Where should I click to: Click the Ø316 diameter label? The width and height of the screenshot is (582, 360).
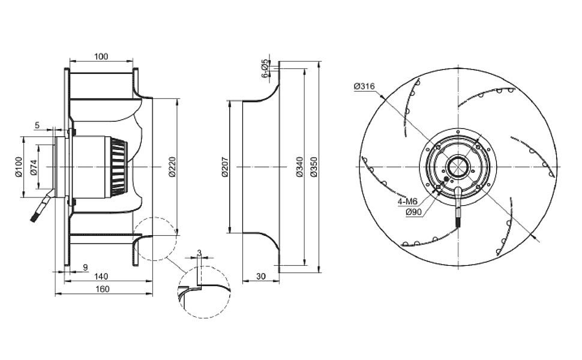(x=364, y=86)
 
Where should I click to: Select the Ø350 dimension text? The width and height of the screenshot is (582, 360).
(x=314, y=167)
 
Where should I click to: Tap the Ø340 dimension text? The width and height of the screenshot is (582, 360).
(x=300, y=167)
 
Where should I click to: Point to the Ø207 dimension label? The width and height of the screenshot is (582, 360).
(x=225, y=167)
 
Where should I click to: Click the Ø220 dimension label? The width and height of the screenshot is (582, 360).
(x=172, y=167)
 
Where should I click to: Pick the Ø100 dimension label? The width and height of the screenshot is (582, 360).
(x=19, y=167)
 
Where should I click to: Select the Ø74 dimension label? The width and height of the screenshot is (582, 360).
(x=34, y=167)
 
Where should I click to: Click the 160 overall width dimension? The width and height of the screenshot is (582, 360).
(x=102, y=289)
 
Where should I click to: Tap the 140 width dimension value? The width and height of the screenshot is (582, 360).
(x=101, y=277)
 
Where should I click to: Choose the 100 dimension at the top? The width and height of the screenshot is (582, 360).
(x=101, y=56)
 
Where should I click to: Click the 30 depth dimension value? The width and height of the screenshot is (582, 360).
(x=261, y=277)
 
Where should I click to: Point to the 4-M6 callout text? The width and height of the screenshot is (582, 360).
(x=407, y=202)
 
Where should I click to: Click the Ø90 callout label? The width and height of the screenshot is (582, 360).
(x=413, y=212)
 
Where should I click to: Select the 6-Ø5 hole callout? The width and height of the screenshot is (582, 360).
(x=265, y=68)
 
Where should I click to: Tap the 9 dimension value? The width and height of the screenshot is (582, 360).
(x=85, y=267)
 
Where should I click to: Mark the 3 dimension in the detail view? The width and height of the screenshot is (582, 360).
(x=199, y=253)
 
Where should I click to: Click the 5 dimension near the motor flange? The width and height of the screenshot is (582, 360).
(x=37, y=125)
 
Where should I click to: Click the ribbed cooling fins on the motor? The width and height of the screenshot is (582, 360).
(x=119, y=167)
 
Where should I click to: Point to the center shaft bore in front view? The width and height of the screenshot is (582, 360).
(x=458, y=167)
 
